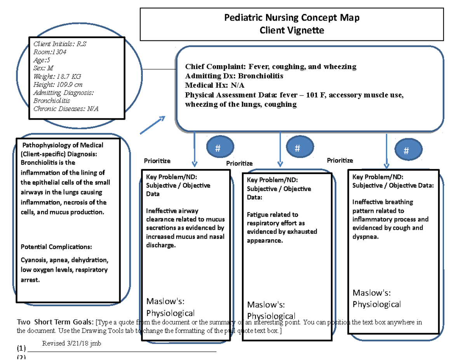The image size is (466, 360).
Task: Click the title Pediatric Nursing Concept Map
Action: tap(292, 18)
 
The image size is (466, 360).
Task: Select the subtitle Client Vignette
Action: tap(292, 30)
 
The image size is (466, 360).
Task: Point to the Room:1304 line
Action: tap(50, 52)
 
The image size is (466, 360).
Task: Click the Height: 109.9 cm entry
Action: tap(58, 84)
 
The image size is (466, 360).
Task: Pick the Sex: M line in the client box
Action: tap(43, 68)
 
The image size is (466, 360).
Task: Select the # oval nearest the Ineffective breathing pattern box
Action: tap(406, 151)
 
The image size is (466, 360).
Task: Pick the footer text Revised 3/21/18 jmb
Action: tap(71, 344)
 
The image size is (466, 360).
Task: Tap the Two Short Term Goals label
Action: tap(55, 322)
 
